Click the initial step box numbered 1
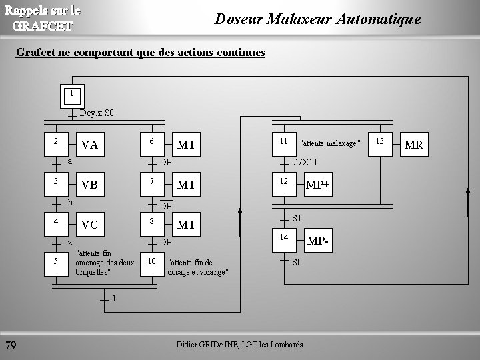(x=71, y=95)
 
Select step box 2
(x=57, y=143)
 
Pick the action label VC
(x=89, y=225)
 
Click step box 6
(x=152, y=143)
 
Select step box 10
(x=152, y=262)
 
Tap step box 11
(x=283, y=143)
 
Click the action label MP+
(x=317, y=184)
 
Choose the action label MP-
(x=317, y=240)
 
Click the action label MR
(x=413, y=145)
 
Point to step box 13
(x=380, y=142)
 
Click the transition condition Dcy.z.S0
(x=97, y=113)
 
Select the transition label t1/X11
(x=305, y=162)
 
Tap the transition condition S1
(x=297, y=218)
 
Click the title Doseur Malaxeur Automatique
(x=317, y=19)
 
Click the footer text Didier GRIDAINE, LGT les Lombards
(x=239, y=344)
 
